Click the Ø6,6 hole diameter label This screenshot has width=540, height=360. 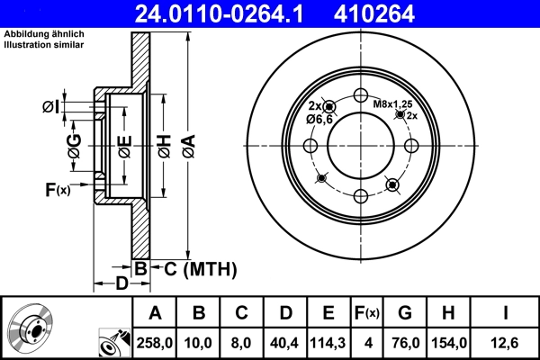[320, 119]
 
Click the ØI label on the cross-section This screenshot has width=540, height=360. [52, 108]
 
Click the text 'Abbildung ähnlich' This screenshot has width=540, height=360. [42, 34]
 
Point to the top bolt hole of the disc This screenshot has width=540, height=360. [361, 97]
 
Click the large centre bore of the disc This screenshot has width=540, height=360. [361, 147]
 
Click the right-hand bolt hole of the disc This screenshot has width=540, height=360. [411, 147]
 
